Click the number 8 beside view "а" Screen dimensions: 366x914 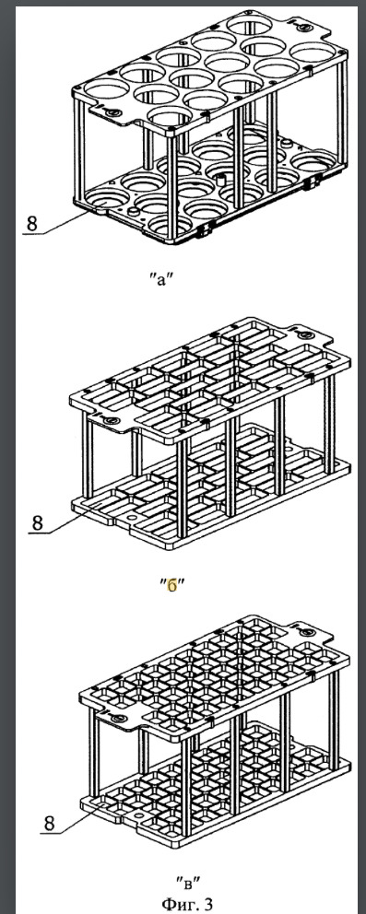31,223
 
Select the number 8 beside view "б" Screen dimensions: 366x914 37,522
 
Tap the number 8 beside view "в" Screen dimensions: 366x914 49,823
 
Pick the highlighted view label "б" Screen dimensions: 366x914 171,585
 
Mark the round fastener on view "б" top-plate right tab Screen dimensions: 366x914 303,335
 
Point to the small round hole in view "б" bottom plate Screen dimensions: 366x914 131,518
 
